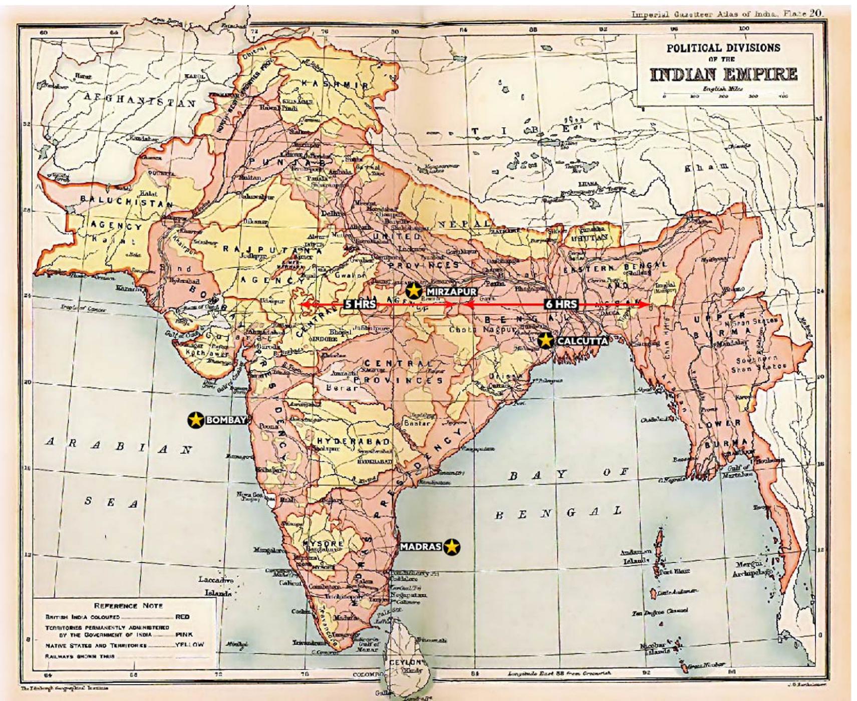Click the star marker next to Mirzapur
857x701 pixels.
(x=413, y=290)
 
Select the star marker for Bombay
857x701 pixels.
(x=195, y=420)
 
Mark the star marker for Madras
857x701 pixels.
(x=452, y=547)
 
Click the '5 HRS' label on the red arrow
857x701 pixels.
(x=360, y=304)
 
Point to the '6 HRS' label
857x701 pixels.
(x=561, y=304)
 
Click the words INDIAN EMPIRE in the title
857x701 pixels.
(x=723, y=75)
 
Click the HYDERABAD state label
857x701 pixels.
(x=353, y=441)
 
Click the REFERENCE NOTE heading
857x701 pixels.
(x=128, y=605)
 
